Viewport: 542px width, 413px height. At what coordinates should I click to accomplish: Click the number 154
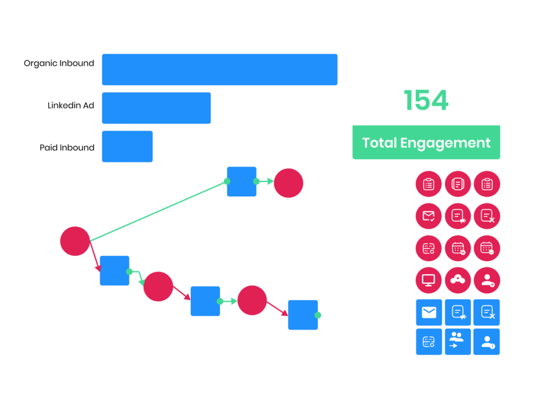point(426,101)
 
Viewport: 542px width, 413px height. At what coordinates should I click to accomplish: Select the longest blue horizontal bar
point(220,70)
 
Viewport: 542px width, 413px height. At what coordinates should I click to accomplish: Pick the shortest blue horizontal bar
point(127,147)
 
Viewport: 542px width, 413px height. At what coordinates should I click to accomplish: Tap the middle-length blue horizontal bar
point(156,108)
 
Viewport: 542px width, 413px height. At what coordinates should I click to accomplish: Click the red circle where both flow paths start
point(75,241)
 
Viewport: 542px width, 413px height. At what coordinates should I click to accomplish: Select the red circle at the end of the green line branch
point(288,183)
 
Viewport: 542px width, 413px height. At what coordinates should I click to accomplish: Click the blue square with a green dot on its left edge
point(242,181)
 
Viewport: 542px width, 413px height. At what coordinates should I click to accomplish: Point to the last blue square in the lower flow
point(303,315)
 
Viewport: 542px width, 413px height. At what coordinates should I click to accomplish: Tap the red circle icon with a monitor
point(429,280)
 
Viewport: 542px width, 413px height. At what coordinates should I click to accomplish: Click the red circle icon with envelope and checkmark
point(429,216)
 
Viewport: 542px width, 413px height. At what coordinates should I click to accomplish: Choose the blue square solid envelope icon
point(429,313)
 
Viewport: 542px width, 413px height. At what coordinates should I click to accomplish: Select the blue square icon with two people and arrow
point(457,342)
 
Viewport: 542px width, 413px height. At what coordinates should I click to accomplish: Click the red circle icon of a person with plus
point(487,280)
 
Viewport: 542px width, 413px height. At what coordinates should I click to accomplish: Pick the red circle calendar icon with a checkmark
point(487,248)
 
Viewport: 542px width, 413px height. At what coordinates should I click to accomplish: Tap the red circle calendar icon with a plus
point(457,248)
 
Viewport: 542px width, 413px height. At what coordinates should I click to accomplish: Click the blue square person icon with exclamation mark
point(487,342)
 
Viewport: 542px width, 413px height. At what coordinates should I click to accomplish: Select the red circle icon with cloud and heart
point(457,280)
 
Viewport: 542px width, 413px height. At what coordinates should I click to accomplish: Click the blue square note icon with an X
point(487,313)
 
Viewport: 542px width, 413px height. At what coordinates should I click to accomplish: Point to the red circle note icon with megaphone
point(457,216)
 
